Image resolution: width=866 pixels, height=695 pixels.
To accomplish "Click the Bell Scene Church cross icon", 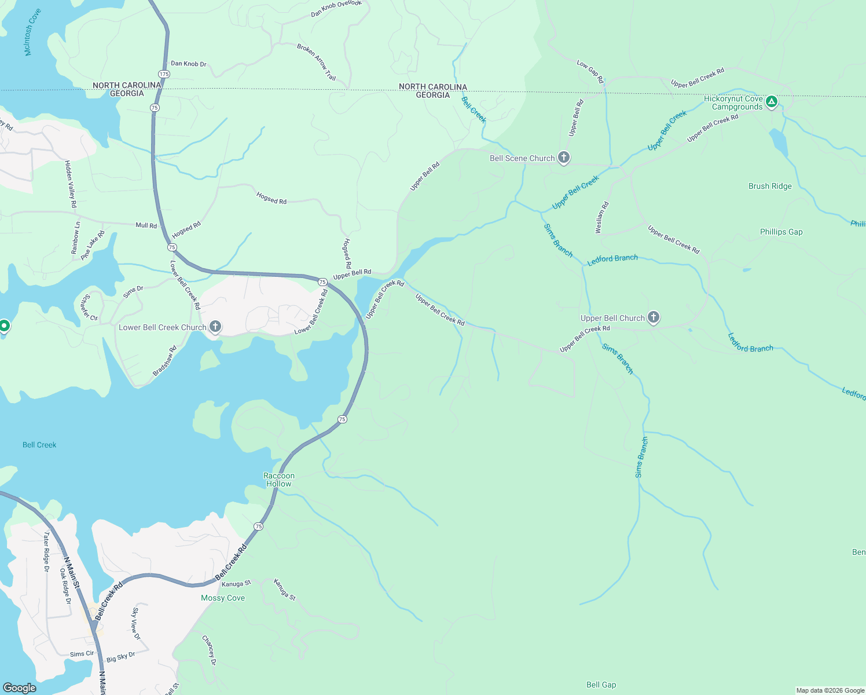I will pos(563,158).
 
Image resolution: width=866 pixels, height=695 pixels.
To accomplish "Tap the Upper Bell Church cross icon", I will pos(654,317).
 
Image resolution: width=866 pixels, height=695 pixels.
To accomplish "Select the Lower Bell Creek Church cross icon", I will pos(215,327).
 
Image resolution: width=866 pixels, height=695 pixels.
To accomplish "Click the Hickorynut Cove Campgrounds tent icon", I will pos(771,102).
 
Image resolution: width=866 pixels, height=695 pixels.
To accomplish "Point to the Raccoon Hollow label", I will pos(279,480).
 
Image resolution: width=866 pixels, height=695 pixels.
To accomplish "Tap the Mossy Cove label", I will pos(223,598).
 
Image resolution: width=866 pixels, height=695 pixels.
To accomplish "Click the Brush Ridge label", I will pos(770,186).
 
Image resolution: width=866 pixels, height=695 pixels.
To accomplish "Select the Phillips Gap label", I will pos(781,232).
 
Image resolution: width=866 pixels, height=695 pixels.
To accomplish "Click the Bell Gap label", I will pos(601,685).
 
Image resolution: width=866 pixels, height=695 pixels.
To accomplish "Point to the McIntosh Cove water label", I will pos(32,32).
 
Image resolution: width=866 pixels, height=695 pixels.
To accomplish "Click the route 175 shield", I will pos(164,74).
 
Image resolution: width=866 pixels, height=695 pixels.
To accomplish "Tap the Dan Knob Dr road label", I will pos(189,64).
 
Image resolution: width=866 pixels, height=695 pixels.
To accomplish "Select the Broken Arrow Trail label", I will pos(316,62).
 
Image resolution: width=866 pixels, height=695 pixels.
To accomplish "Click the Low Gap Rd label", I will pos(590,71).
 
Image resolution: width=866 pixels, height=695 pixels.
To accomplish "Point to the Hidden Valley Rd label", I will pos(71,184).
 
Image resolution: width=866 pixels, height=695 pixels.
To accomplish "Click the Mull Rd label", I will pos(146,225).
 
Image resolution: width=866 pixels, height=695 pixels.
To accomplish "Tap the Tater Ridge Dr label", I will pos(46,552).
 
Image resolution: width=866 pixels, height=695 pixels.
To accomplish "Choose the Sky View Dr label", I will pos(135,623).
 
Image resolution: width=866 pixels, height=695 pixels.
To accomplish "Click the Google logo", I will pos(20,688).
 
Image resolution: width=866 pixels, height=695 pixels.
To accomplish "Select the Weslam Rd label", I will pos(602,218).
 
